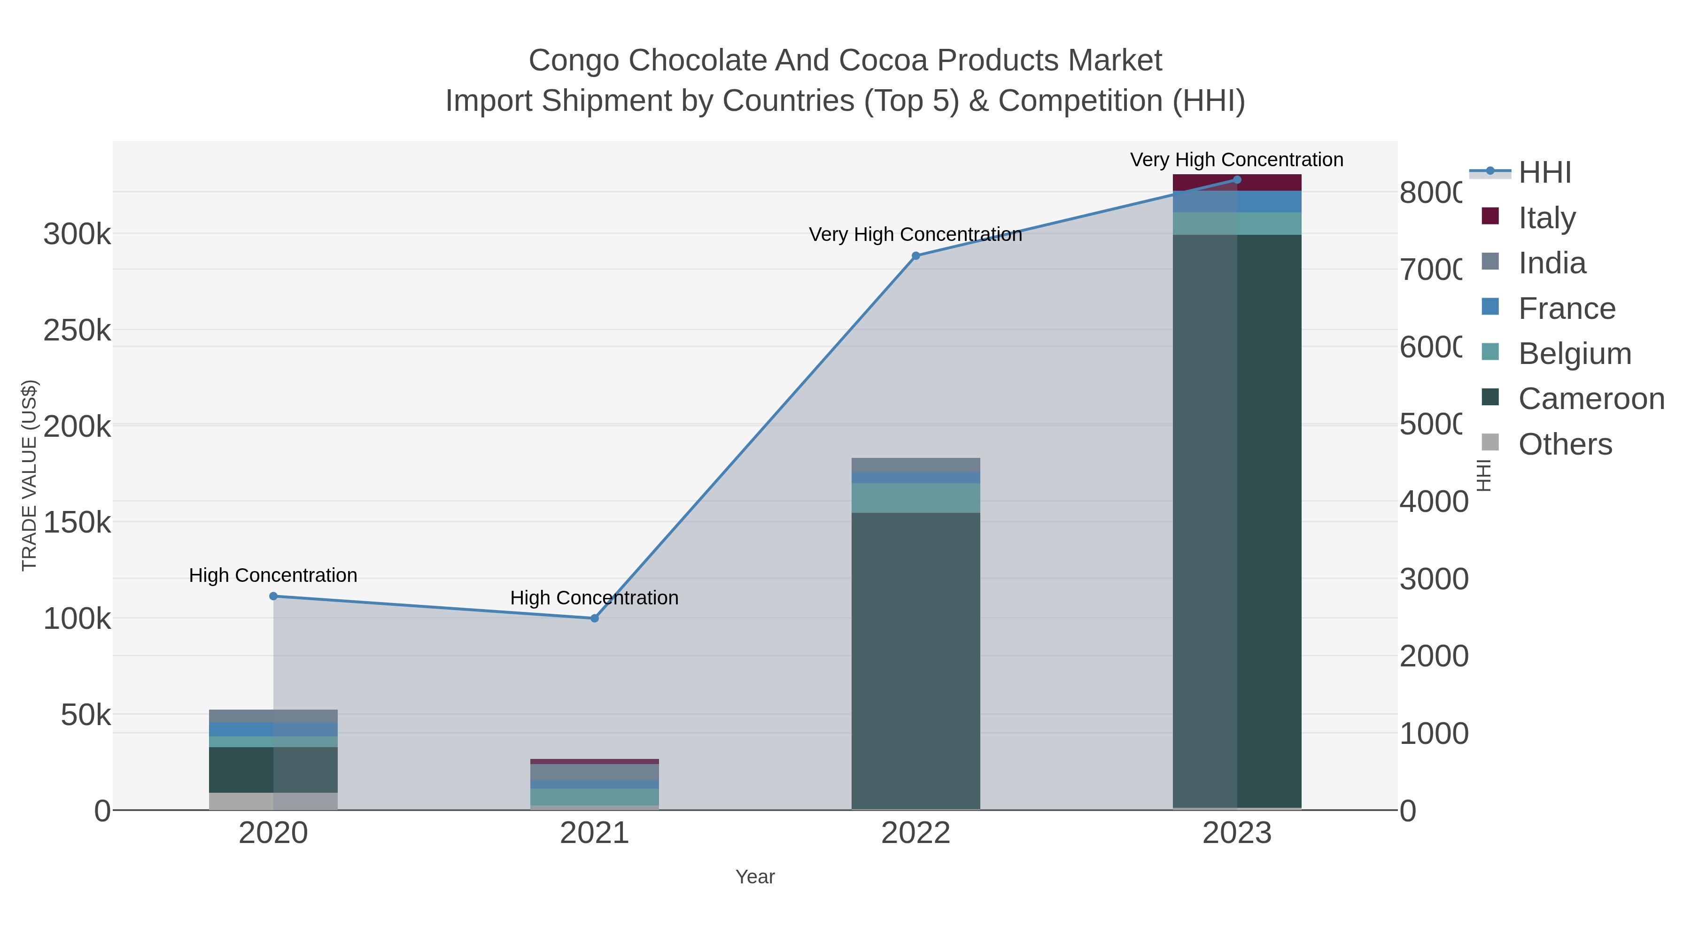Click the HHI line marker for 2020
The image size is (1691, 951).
273,596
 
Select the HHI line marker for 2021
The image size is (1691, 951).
594,618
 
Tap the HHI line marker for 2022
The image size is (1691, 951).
916,256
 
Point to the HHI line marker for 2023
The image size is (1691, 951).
1237,180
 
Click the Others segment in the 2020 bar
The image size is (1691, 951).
273,801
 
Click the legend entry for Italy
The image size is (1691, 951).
1547,218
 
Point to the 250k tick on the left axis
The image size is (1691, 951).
77,331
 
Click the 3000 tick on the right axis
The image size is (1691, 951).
1433,579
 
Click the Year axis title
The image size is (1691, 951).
755,877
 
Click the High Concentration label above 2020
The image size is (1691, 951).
273,576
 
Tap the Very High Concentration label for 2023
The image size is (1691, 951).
1237,160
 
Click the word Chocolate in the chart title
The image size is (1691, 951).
695,61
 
